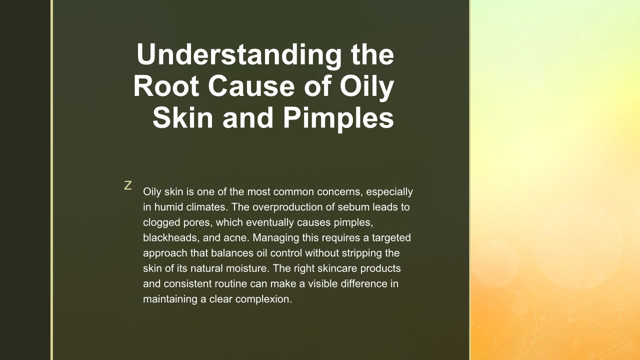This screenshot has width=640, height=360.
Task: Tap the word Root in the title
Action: tap(166, 86)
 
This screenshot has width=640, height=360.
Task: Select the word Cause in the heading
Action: tap(251, 86)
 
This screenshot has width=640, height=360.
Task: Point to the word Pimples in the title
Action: tap(338, 119)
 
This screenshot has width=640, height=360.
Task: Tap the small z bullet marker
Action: tap(127, 185)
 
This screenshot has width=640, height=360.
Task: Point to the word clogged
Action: tap(161, 222)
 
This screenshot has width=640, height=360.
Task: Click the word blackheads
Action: tap(171, 237)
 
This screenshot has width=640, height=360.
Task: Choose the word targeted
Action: tap(391, 238)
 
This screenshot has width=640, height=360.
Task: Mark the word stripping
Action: tap(361, 253)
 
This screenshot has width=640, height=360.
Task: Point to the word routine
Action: tap(230, 284)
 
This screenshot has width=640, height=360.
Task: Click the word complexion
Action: tap(263, 299)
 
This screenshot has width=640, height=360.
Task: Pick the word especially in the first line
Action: tap(389, 191)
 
